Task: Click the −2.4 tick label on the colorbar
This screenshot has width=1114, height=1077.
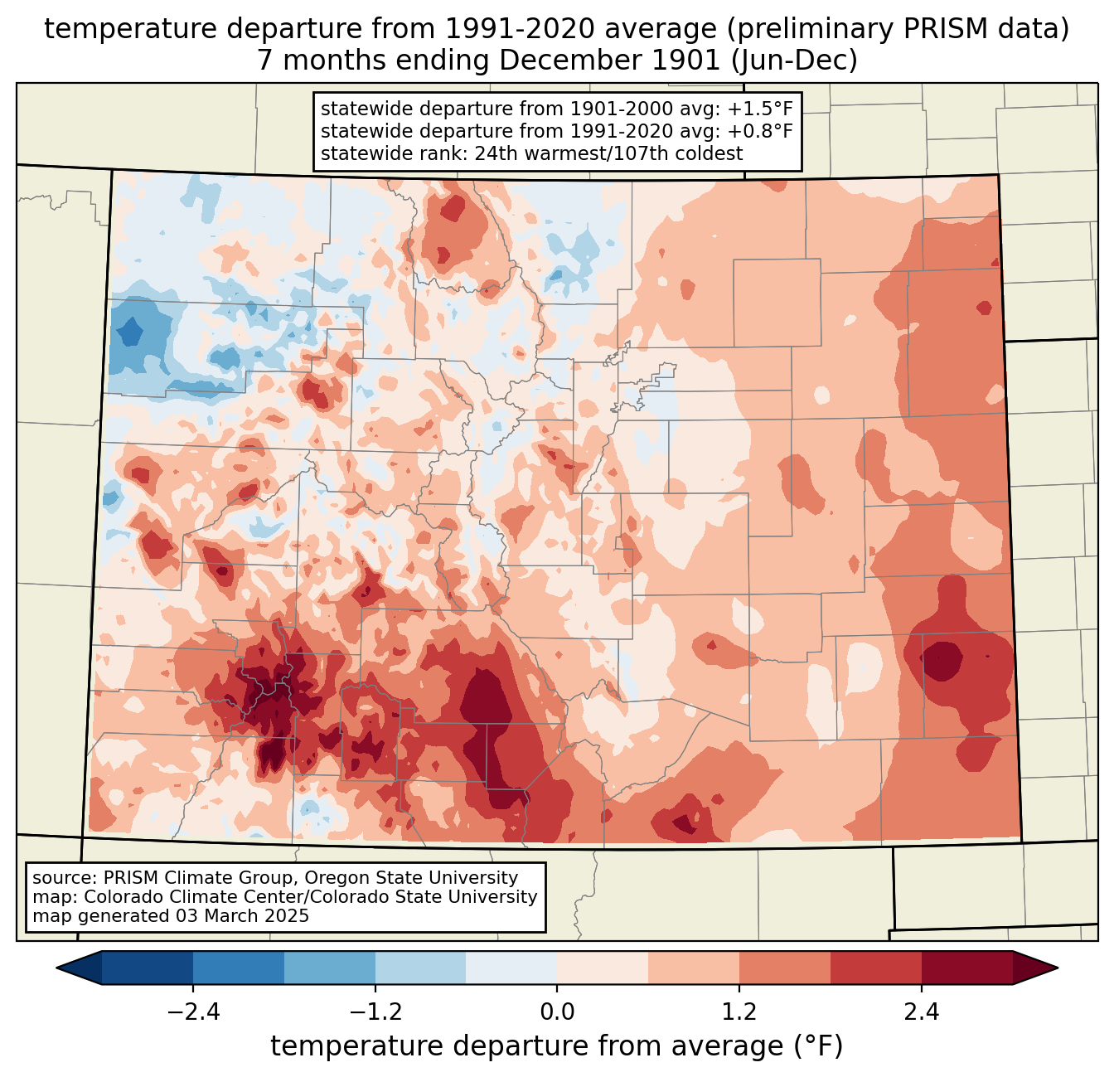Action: click(x=193, y=1012)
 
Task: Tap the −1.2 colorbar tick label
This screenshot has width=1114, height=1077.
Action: click(x=375, y=1012)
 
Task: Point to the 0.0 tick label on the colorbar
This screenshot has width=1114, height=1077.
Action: click(x=557, y=1012)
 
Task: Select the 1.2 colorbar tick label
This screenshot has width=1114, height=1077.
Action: click(x=739, y=1012)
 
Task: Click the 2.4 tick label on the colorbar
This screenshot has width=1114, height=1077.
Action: click(x=921, y=1012)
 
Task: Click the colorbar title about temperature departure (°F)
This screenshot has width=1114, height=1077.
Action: click(x=557, y=1046)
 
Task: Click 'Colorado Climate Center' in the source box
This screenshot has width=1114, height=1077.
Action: click(x=179, y=897)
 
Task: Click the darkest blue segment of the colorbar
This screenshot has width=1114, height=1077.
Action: click(x=148, y=968)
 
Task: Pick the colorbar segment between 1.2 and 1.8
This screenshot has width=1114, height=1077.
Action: click(x=784, y=968)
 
